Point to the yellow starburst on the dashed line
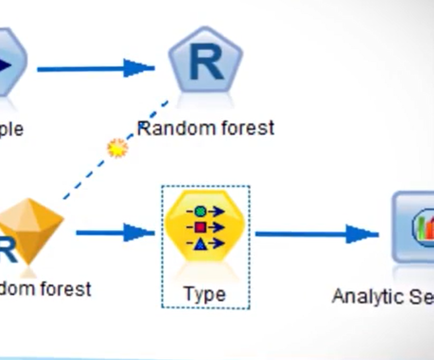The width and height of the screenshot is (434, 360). pyautogui.click(x=117, y=148)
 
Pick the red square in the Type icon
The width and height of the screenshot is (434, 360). pyautogui.click(x=200, y=227)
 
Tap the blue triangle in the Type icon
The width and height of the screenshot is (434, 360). pyautogui.click(x=200, y=243)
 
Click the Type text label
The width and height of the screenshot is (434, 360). pyautogui.click(x=205, y=294)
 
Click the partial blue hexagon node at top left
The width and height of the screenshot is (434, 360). pyautogui.click(x=10, y=62)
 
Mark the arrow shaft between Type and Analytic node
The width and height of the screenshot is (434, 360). pyautogui.click(x=301, y=234)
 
